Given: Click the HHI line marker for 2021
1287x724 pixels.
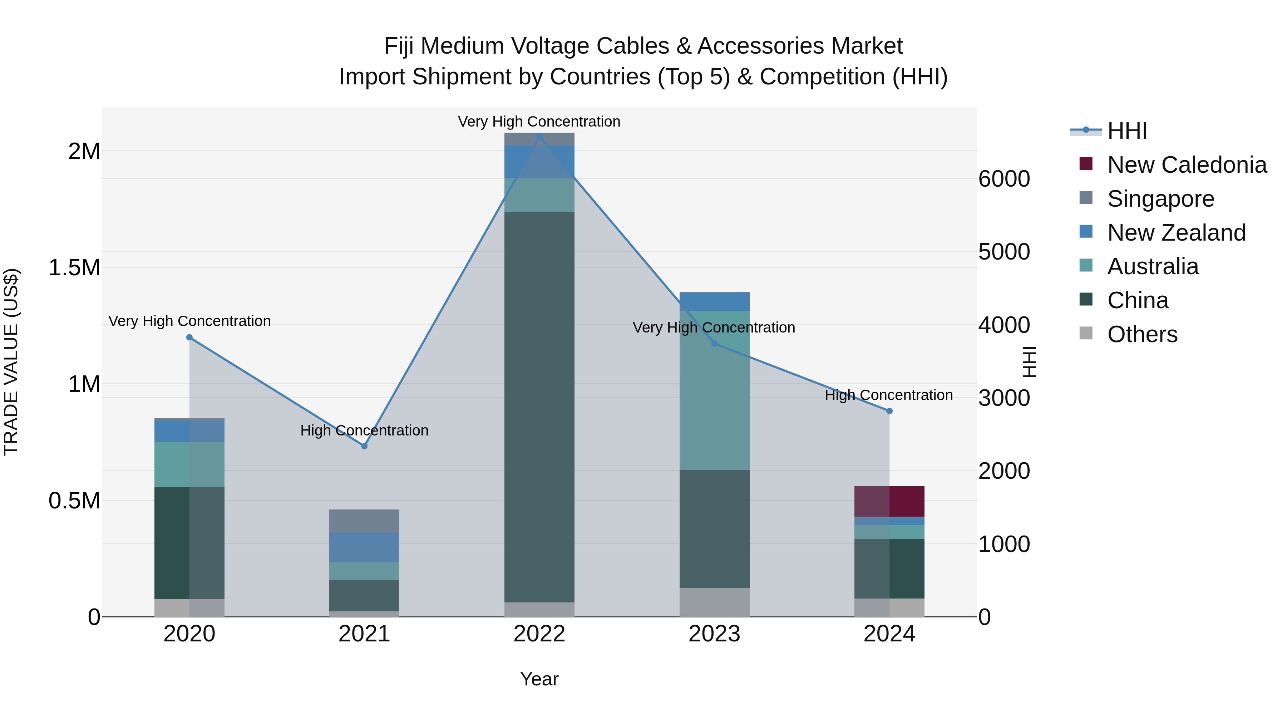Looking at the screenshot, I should click(364, 446).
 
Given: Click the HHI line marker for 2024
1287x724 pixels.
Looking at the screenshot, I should click(889, 411).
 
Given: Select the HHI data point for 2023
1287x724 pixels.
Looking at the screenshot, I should click(714, 344).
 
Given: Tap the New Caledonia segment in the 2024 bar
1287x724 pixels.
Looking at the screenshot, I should click(889, 501).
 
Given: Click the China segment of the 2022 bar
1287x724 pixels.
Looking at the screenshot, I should click(539, 407).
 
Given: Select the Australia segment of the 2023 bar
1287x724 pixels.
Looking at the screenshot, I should click(714, 390).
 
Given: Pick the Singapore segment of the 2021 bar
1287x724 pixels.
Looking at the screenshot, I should click(364, 521).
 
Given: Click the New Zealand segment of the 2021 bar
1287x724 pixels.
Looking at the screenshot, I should click(364, 547).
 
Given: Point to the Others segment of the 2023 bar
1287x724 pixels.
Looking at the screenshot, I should click(714, 602).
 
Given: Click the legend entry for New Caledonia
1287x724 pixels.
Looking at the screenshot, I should click(1187, 165).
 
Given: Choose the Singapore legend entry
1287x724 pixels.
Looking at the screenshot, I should click(1160, 199).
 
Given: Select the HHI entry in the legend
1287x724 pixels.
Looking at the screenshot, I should click(1126, 131).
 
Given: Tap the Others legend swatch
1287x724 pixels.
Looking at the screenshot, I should click(1086, 333).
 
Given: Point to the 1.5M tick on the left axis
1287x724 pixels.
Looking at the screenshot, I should click(74, 268).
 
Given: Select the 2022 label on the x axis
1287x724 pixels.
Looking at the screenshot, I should click(539, 634).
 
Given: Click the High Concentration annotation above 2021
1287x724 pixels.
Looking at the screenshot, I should click(364, 430).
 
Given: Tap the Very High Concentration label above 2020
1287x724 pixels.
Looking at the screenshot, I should click(189, 321).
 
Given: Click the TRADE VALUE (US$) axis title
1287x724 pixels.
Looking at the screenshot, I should click(11, 362).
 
